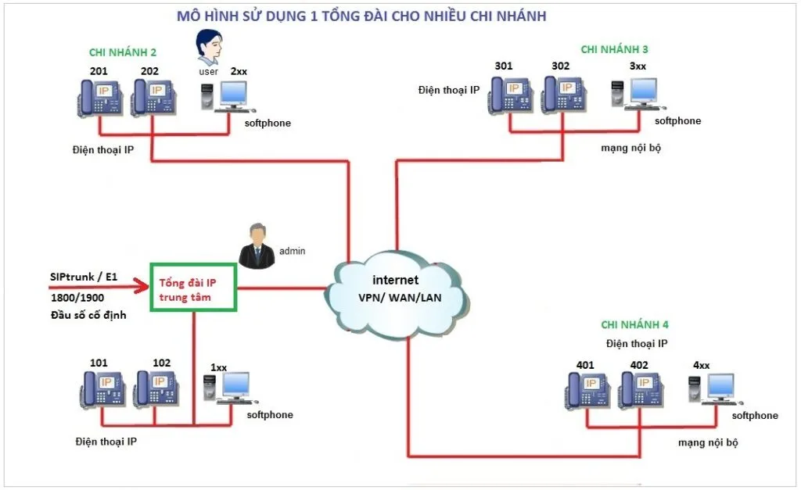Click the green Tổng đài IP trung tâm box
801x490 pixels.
point(193,287)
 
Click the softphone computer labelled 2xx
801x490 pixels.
point(222,96)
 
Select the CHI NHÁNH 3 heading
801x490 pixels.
point(614,49)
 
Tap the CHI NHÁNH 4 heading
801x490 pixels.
point(634,324)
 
